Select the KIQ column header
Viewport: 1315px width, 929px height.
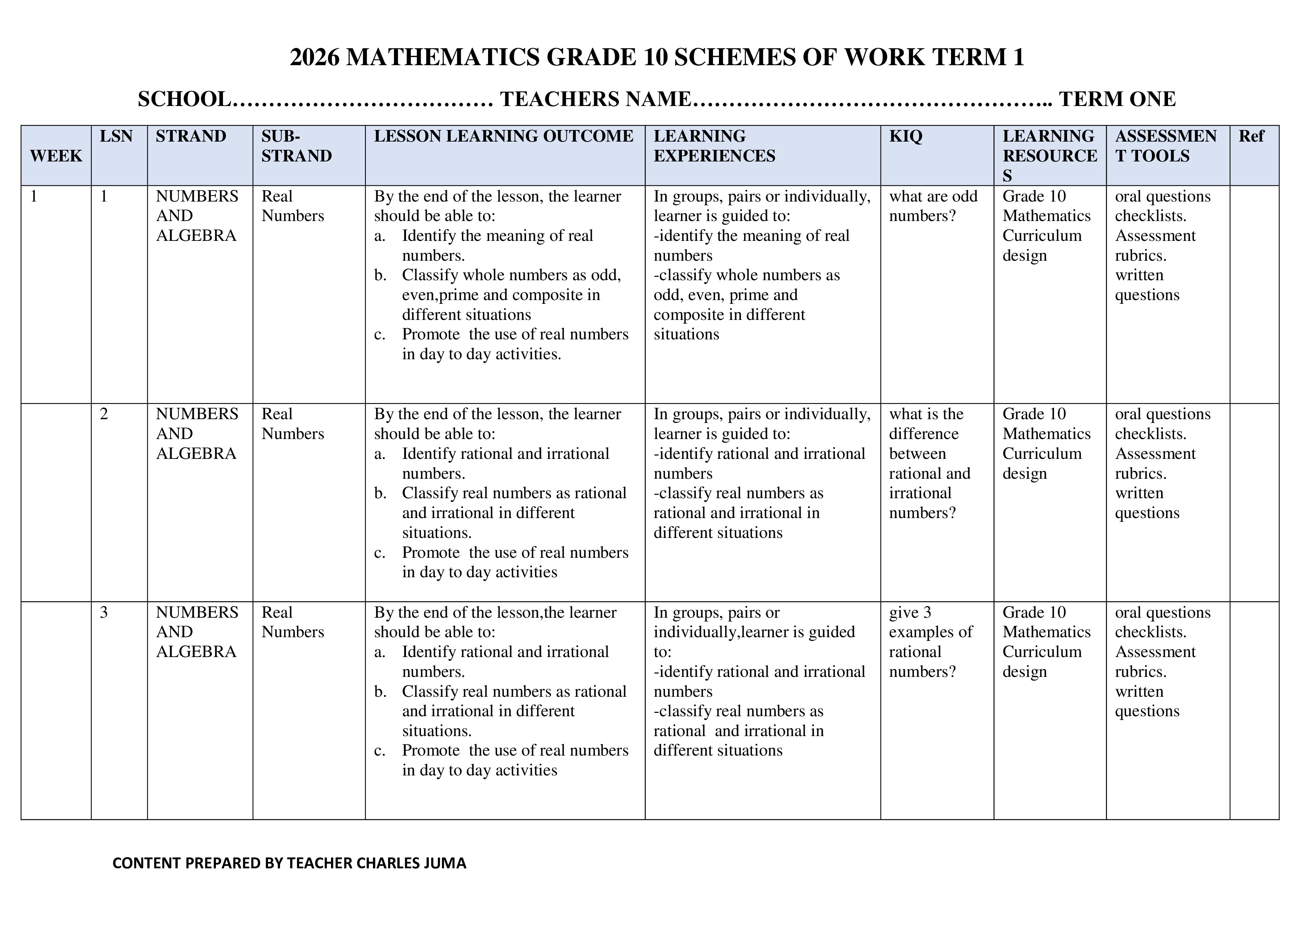pos(906,136)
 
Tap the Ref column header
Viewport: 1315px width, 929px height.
pos(1251,136)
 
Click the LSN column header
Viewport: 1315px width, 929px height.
pos(116,136)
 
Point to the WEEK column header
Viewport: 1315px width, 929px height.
pos(56,156)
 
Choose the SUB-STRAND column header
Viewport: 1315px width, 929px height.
pos(296,146)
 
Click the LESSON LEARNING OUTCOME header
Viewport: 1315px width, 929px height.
pos(503,136)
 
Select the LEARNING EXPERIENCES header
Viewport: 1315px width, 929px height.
pos(714,146)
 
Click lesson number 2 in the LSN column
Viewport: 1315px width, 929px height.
pos(104,414)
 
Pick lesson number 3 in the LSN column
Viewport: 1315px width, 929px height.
pos(104,612)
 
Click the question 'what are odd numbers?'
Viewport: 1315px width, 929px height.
pos(933,206)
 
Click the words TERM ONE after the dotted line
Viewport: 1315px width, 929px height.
pos(1117,99)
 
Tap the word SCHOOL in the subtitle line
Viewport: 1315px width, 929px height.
pos(184,99)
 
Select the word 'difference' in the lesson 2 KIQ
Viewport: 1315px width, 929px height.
pos(923,434)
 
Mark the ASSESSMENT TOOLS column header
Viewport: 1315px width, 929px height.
pos(1165,146)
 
